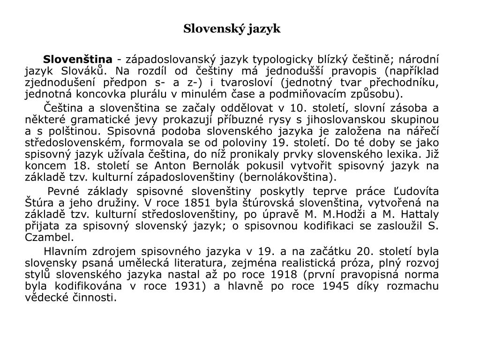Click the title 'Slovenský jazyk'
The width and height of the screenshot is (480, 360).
coord(232,29)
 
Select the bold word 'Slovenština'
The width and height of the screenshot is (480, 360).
coord(78,60)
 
